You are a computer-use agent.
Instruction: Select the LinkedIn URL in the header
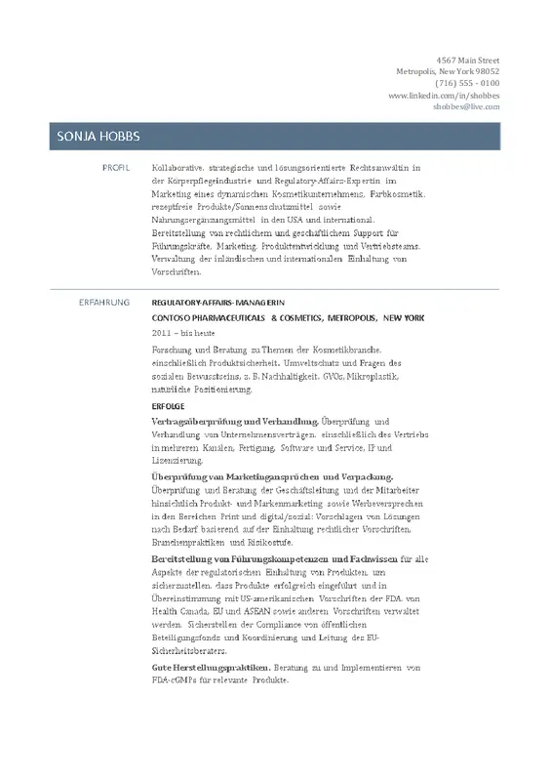tap(444, 95)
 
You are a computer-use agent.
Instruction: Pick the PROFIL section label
tap(116, 168)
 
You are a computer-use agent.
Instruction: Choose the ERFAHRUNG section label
tap(104, 304)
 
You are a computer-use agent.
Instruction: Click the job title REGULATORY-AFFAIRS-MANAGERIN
tap(217, 304)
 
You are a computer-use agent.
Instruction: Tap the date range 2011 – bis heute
tap(183, 333)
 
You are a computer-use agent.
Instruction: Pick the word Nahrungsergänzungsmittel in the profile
tap(204, 221)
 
